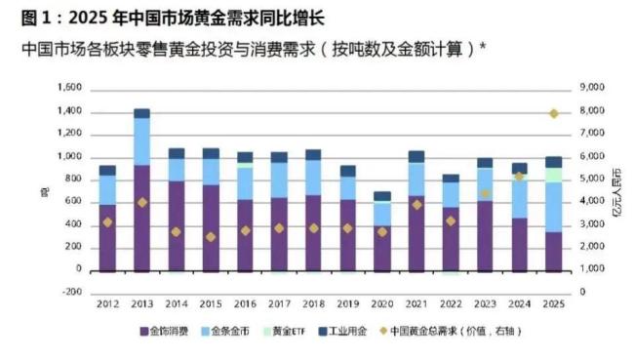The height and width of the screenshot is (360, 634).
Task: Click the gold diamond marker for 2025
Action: (x=553, y=113)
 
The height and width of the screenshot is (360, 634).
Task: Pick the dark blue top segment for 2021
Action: (x=416, y=156)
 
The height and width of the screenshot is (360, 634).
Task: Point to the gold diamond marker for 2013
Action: (x=141, y=202)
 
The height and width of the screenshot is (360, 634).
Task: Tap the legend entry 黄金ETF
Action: (x=294, y=332)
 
